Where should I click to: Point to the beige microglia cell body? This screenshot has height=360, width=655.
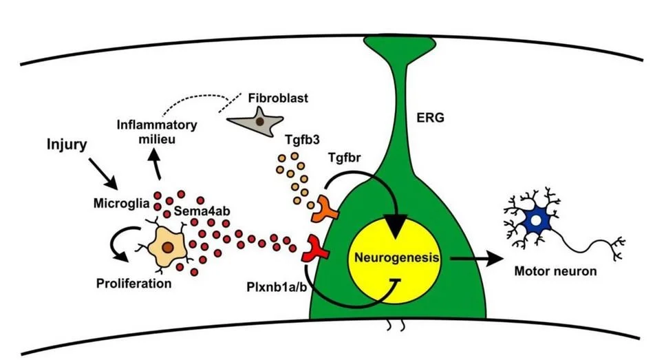coord(167,246)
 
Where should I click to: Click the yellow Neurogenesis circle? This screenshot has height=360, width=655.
coord(398,259)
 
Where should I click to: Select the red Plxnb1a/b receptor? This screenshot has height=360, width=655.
coord(316,249)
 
